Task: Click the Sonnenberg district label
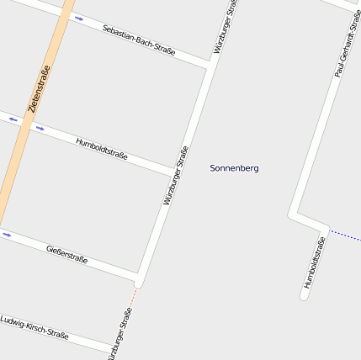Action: [x=234, y=168]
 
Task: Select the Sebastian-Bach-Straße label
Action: [x=139, y=40]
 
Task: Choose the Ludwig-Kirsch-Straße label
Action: [x=35, y=327]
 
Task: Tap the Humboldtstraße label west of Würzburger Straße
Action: [x=102, y=149]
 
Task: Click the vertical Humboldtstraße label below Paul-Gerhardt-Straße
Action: [x=314, y=262]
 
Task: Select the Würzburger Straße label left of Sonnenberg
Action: [x=175, y=176]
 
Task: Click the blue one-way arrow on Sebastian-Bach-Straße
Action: [x=78, y=18]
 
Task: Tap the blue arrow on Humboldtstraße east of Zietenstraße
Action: [x=39, y=129]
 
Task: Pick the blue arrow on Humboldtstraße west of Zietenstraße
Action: [x=13, y=119]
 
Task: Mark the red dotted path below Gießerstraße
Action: [x=134, y=298]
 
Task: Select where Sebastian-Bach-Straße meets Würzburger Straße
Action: [x=208, y=64]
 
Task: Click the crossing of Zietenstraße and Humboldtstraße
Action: [x=26, y=123]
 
